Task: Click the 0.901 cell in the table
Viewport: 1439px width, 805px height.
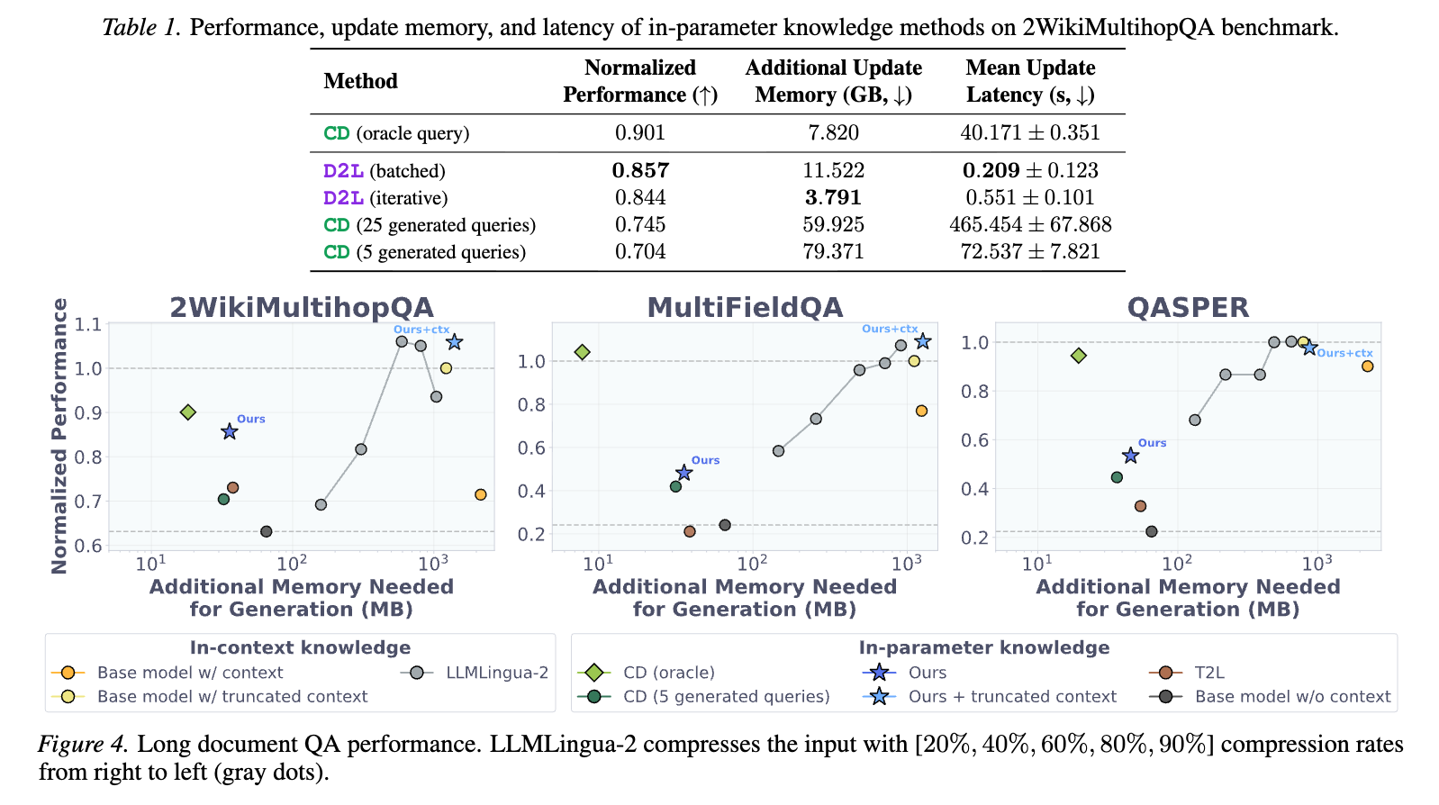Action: coord(639,133)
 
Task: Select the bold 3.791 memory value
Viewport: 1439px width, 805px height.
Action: coord(833,198)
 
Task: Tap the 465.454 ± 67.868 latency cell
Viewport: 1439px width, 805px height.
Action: coord(1030,225)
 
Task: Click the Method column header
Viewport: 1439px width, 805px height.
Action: coord(360,81)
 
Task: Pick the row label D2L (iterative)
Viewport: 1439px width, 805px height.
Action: coord(385,198)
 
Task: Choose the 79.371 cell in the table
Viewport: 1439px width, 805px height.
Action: coord(833,252)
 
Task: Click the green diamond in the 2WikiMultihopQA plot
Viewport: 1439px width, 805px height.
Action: coord(188,412)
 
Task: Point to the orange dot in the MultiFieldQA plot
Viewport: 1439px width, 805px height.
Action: coord(921,412)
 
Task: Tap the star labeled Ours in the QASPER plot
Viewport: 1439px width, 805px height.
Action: coord(1130,457)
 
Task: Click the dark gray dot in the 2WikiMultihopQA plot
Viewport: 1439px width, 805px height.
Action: coord(266,532)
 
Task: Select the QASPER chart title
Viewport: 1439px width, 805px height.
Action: coord(1188,308)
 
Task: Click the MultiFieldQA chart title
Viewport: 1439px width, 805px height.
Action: coord(745,308)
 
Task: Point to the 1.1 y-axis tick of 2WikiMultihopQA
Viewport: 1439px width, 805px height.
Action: coord(88,324)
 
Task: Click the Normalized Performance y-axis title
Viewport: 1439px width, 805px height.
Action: coord(59,436)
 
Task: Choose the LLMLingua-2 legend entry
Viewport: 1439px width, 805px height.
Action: coord(497,673)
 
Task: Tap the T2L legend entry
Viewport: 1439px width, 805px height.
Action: coord(1209,673)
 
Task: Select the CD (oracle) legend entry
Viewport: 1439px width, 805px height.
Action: coord(668,673)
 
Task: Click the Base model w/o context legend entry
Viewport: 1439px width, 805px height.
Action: coord(1292,697)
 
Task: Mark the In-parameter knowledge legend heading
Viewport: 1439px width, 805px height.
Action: coord(983,647)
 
